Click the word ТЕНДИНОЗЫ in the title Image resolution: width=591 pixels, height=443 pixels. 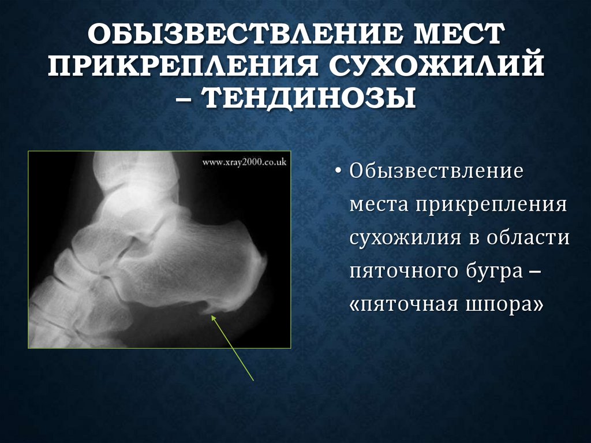pos(310,98)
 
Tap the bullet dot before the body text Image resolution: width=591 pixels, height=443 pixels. pos(338,172)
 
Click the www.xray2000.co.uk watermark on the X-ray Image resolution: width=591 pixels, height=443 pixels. pos(244,163)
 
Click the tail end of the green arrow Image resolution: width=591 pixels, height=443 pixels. pos(253,380)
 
